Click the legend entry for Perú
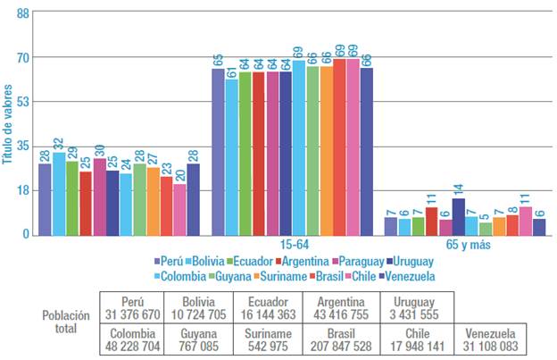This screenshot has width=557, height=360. pos(173,261)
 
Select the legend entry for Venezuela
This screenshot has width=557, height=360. pos(406,275)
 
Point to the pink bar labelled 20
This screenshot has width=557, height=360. pos(180,209)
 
